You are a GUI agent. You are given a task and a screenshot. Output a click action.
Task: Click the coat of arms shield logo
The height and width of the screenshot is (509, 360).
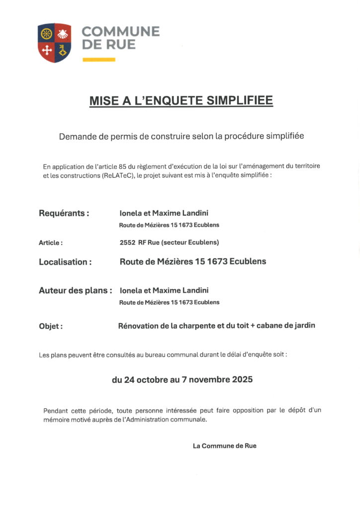(x=54, y=43)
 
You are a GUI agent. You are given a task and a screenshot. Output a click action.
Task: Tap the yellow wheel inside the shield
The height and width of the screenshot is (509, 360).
(x=46, y=34)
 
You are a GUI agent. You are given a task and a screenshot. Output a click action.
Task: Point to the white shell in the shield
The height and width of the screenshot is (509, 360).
(x=63, y=34)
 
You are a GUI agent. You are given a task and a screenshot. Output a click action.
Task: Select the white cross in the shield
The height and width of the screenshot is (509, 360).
(x=46, y=51)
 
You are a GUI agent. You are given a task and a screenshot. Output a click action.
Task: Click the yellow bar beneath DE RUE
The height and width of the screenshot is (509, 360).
(x=98, y=60)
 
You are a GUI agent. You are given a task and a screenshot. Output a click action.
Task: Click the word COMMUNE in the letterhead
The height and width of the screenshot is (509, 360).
(x=120, y=32)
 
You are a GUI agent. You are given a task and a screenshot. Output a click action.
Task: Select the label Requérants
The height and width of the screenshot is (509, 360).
(x=64, y=213)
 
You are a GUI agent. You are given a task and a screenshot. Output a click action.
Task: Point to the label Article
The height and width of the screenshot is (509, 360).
(x=51, y=243)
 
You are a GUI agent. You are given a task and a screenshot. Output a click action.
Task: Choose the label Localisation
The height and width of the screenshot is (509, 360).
(x=65, y=262)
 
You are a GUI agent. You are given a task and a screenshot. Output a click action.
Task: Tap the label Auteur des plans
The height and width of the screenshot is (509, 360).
(x=75, y=290)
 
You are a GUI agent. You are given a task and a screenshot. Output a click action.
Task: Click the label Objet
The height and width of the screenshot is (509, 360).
(x=51, y=327)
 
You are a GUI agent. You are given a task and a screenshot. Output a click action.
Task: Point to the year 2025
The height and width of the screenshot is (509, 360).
(x=242, y=380)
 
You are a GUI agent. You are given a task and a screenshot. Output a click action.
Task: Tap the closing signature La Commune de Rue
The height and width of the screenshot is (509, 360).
(x=225, y=446)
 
